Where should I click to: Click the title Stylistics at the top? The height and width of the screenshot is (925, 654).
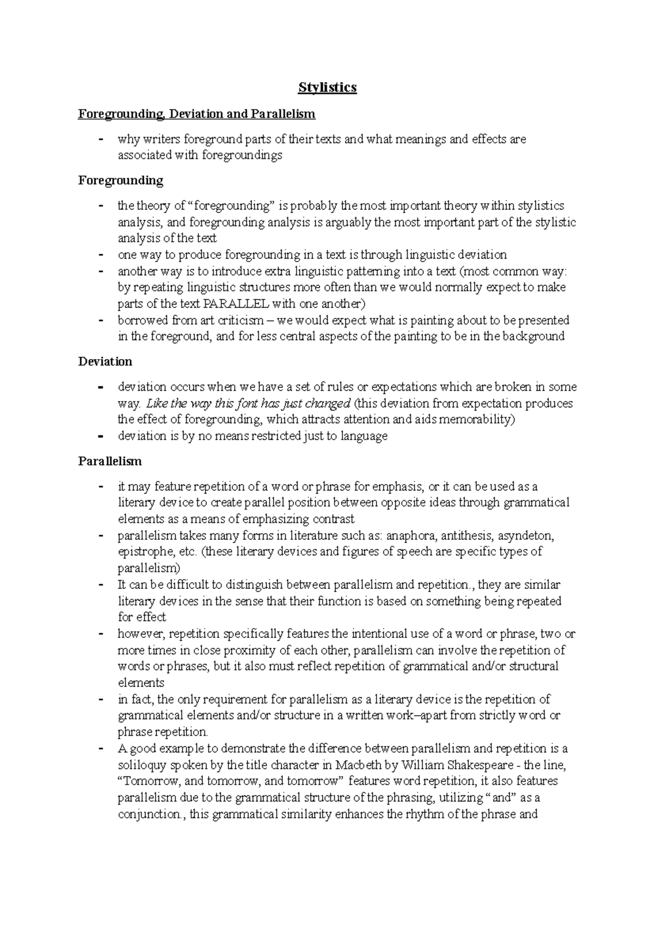pos(327,87)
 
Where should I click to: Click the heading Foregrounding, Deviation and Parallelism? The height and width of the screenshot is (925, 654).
pos(197,114)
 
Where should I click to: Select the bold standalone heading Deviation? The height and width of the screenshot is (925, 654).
pos(105,362)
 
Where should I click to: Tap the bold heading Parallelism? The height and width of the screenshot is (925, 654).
pos(110,461)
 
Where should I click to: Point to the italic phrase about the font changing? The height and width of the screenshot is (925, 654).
pos(249,404)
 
